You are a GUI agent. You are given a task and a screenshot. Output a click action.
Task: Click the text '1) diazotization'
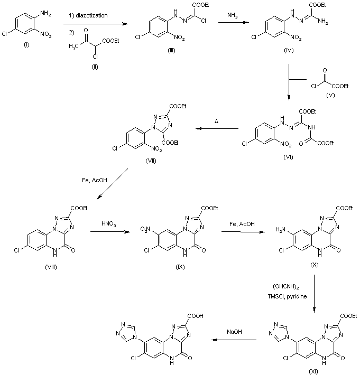(88, 15)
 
